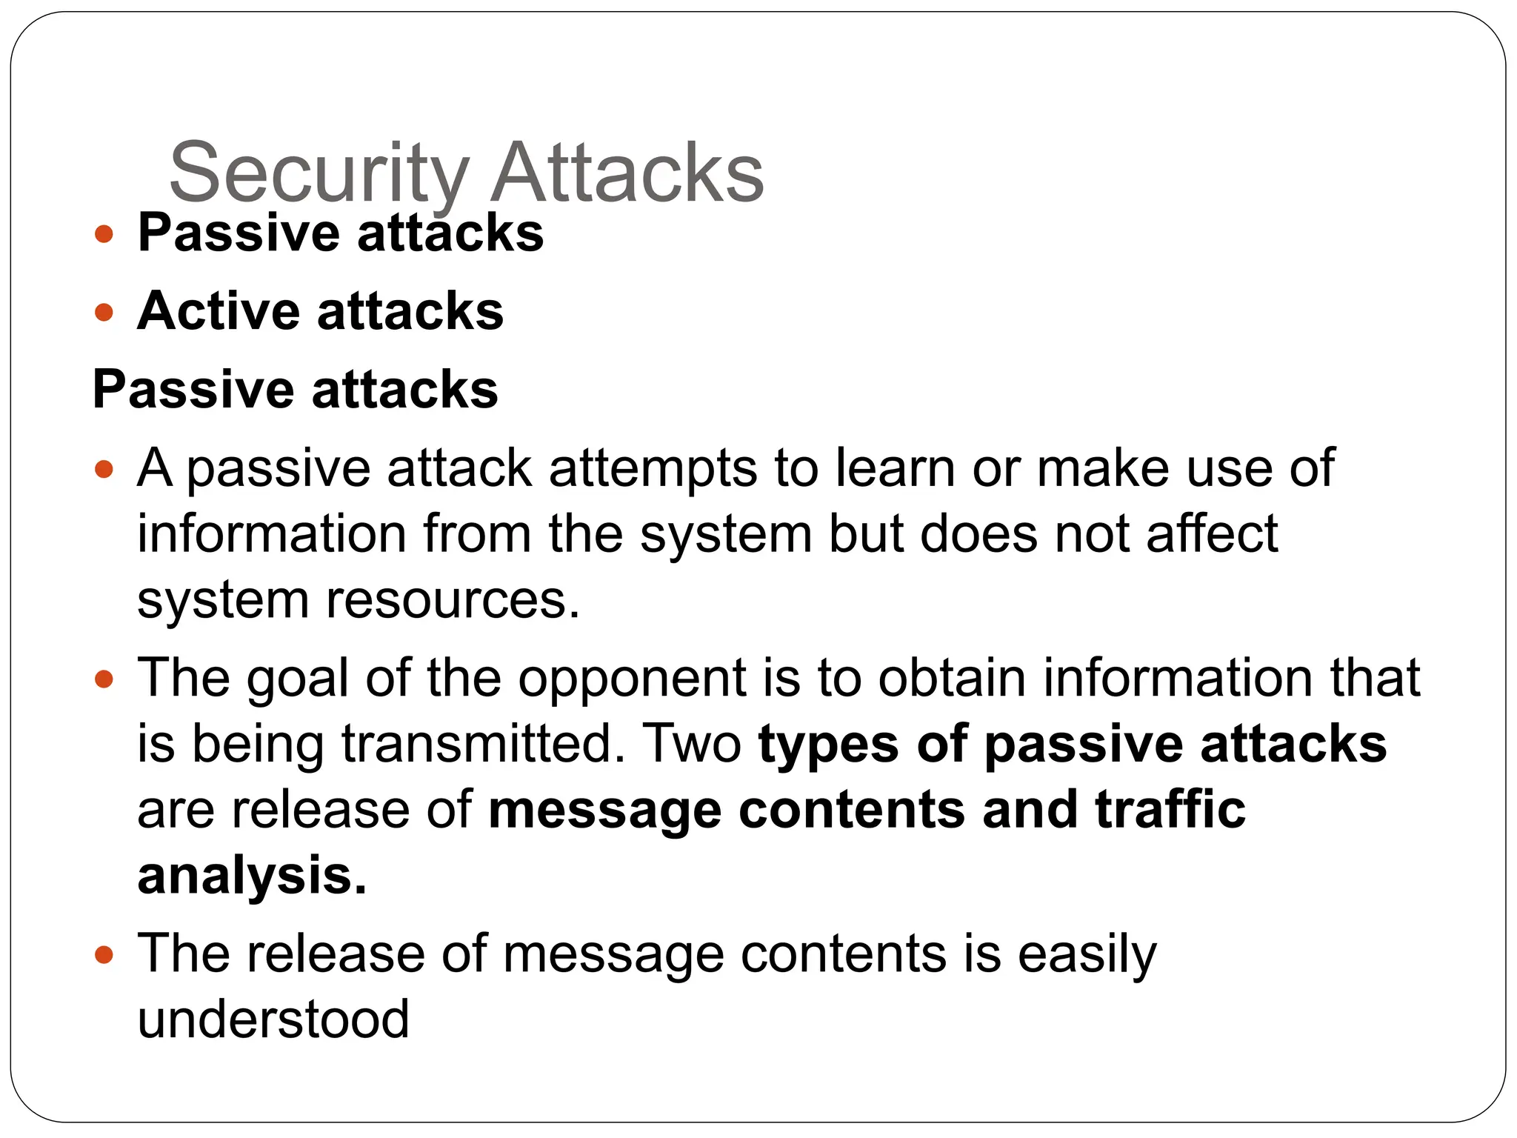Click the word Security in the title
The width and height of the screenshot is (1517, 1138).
pyautogui.click(x=319, y=173)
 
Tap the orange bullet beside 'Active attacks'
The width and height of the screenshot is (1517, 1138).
pyautogui.click(x=104, y=312)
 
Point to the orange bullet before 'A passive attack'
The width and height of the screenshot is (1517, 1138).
pyautogui.click(x=104, y=469)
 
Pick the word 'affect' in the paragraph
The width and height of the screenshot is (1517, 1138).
pyautogui.click(x=1212, y=533)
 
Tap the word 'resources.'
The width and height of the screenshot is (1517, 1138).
pyautogui.click(x=453, y=599)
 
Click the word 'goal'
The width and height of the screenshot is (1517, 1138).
pyautogui.click(x=297, y=678)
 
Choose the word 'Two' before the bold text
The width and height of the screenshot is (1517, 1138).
pyautogui.click(x=693, y=743)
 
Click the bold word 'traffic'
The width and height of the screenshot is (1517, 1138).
pyautogui.click(x=1170, y=809)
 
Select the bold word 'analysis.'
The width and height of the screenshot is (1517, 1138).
pyautogui.click(x=252, y=876)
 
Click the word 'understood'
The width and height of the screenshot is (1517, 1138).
pyautogui.click(x=273, y=1019)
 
